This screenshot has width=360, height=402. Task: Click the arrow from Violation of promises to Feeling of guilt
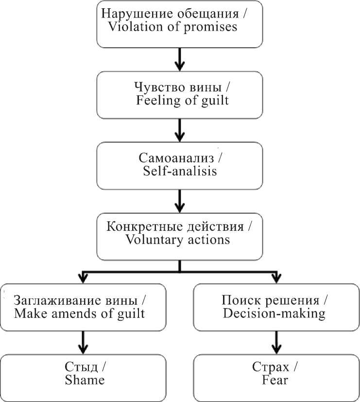pyautogui.click(x=180, y=59)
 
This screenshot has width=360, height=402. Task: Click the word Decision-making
pyautogui.click(x=274, y=313)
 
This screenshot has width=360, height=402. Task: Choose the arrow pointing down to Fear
pyautogui.click(x=276, y=343)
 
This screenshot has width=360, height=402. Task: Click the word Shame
pyautogui.click(x=85, y=380)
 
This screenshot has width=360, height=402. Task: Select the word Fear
pyautogui.click(x=276, y=380)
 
